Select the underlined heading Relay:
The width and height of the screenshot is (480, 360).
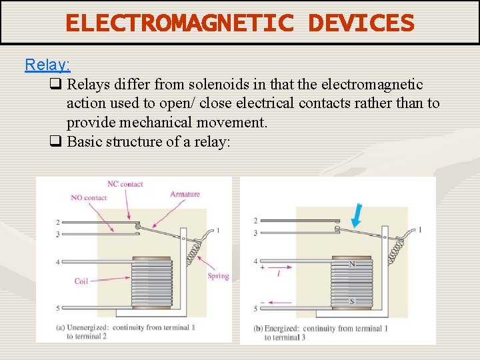tap(47, 65)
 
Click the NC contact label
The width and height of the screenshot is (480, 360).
tap(125, 184)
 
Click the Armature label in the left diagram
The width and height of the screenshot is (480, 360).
tap(185, 194)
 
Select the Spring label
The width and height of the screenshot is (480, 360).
tap(218, 276)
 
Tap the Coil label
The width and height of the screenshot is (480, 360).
tap(81, 281)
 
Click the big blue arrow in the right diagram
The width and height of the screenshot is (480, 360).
tap(357, 214)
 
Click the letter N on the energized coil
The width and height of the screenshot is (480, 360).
tap(353, 264)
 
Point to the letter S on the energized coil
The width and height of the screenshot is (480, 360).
tap(353, 302)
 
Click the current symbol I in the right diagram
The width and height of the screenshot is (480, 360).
tap(278, 273)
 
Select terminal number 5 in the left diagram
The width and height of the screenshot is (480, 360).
tap(58, 308)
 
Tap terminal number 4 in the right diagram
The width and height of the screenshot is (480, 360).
tap(255, 261)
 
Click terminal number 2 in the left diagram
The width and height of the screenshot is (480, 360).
tap(58, 222)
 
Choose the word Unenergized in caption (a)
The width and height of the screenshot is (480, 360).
tap(87, 328)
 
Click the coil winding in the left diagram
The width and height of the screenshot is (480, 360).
tap(151, 283)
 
